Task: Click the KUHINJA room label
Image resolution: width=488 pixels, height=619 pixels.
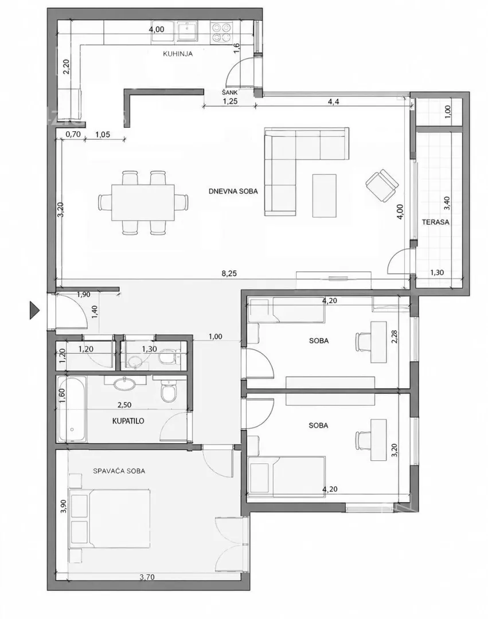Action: tap(178, 54)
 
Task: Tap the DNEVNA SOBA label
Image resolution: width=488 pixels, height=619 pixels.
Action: tap(233, 191)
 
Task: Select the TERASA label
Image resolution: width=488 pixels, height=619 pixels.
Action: tap(435, 222)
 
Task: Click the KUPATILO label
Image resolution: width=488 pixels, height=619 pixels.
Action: tap(128, 421)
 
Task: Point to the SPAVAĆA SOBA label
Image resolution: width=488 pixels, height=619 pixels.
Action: tap(119, 471)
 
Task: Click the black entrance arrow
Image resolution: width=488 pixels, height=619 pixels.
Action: tap(35, 310)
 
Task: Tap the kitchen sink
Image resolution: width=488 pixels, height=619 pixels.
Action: tap(188, 31)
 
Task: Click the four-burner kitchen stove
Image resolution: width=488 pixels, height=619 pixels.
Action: tap(221, 32)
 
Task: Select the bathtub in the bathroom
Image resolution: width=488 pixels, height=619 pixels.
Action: tap(72, 409)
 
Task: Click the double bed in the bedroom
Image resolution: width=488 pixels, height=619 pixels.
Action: tap(110, 519)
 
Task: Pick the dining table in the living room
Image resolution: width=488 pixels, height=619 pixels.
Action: tap(143, 202)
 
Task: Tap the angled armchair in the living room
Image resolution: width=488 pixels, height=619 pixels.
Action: tap(382, 186)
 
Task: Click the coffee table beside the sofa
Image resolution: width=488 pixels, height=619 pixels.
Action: tap(324, 195)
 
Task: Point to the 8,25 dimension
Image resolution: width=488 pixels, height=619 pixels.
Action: tap(229, 273)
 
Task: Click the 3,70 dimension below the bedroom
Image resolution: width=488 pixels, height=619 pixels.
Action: tap(147, 577)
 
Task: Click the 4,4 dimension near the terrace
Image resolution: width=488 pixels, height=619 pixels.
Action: tap(333, 101)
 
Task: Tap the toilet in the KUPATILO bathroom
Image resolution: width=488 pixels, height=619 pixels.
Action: tap(169, 390)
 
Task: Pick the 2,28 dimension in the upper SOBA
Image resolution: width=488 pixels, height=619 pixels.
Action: tap(394, 337)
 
